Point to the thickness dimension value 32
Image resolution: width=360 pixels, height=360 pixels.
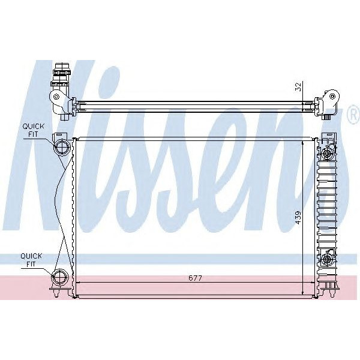click(x=298, y=86)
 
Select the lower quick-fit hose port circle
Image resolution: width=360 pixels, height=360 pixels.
click(x=61, y=277)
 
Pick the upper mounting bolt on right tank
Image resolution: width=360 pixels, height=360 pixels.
click(x=327, y=155)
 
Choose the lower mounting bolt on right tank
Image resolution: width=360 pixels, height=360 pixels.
click(x=327, y=259)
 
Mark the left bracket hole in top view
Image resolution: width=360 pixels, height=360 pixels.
click(x=56, y=97)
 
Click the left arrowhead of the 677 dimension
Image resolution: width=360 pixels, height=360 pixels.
click(x=78, y=284)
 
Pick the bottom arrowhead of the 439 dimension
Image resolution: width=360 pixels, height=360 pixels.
click(x=304, y=292)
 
